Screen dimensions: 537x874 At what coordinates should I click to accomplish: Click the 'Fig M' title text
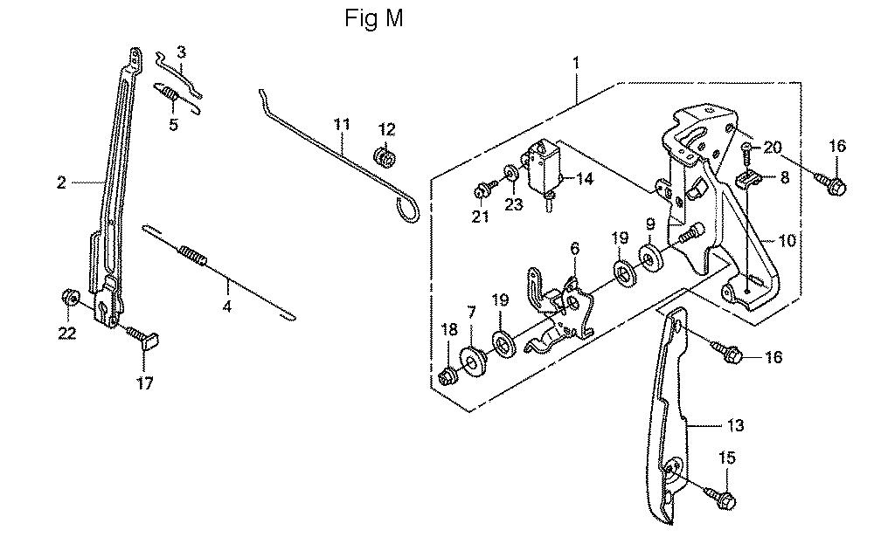tap(374, 19)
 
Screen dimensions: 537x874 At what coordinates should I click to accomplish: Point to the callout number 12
tap(385, 130)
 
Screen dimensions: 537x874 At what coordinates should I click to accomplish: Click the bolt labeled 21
tap(482, 189)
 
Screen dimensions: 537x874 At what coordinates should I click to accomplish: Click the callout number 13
tap(735, 425)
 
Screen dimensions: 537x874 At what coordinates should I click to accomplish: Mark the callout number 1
tap(576, 63)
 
